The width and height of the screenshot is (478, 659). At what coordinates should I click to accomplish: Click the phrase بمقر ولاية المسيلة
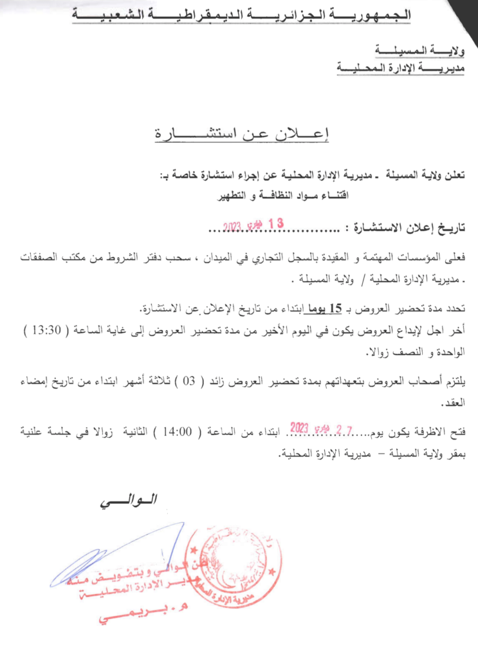point(426,454)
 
